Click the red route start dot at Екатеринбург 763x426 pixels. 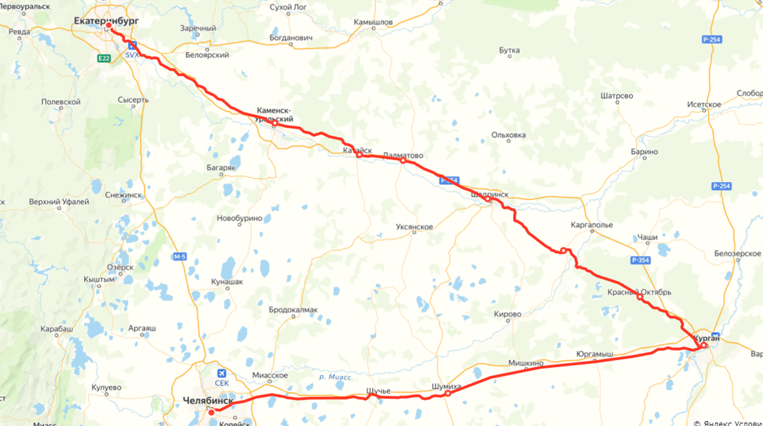click(x=109, y=26)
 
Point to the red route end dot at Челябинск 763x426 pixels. click(x=211, y=412)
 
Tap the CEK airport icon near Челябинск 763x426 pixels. click(x=222, y=373)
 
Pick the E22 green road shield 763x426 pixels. click(x=105, y=58)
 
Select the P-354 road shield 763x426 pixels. click(x=640, y=260)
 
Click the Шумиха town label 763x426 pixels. click(x=444, y=385)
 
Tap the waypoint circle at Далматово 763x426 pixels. click(x=402, y=161)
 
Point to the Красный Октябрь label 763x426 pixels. click(x=639, y=292)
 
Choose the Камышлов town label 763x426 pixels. click(x=373, y=22)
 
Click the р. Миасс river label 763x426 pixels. click(x=334, y=377)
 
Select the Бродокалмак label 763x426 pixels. click(x=293, y=310)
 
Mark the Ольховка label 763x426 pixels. click(x=509, y=135)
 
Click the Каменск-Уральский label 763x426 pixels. click(x=275, y=114)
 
